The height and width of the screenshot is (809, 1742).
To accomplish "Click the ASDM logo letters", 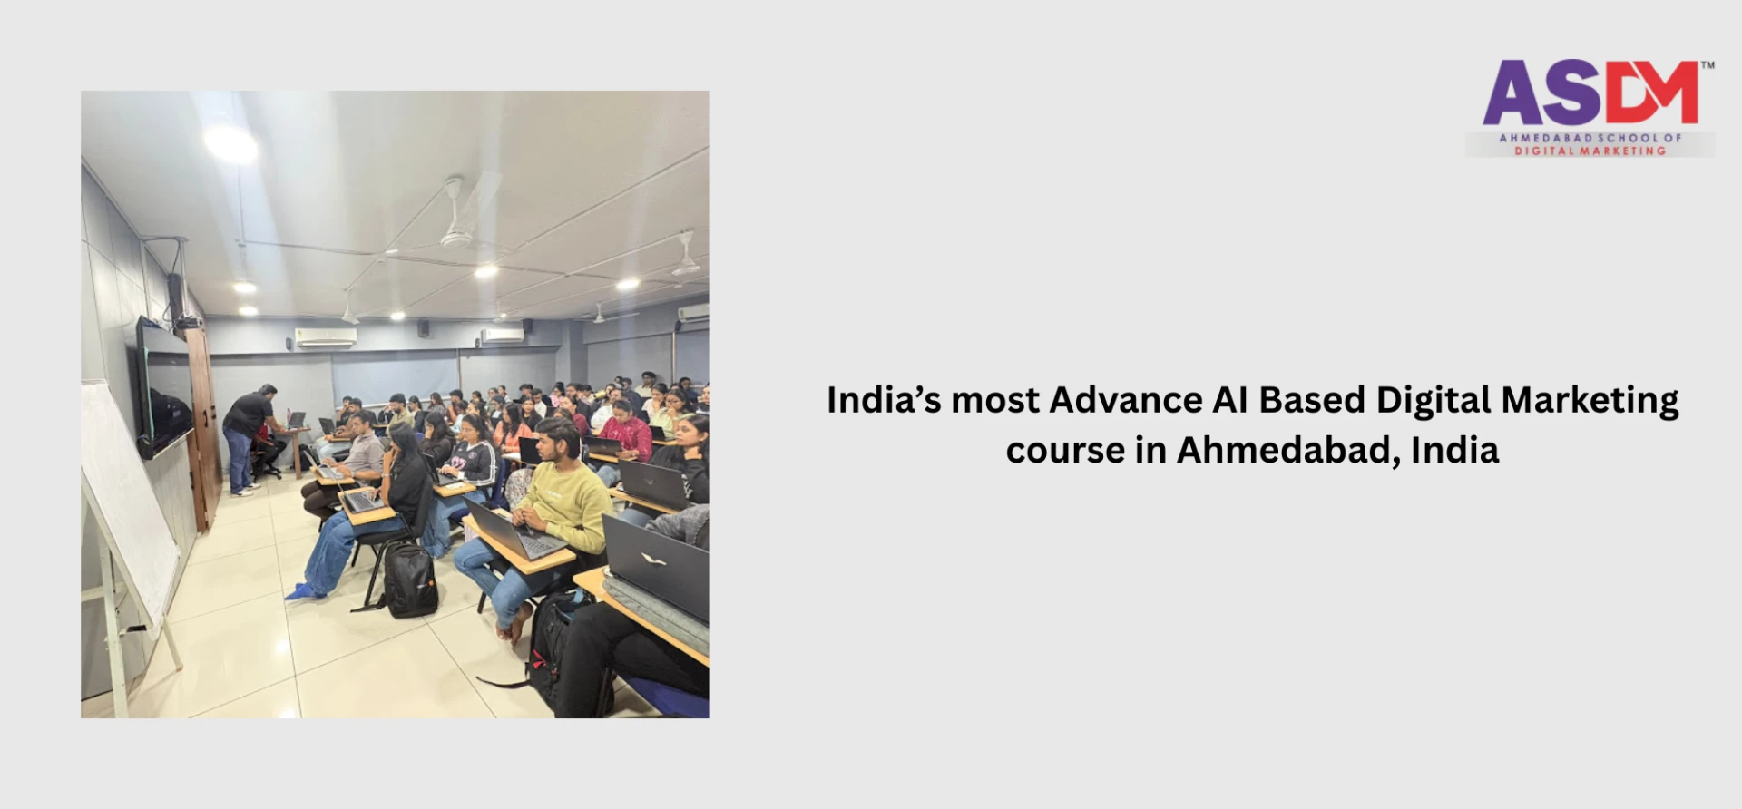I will [x=1590, y=93].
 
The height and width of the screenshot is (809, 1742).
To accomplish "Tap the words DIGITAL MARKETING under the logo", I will [x=1590, y=151].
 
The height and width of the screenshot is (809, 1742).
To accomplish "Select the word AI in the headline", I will [x=1230, y=400].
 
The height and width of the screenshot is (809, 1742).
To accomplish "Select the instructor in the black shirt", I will [x=246, y=435].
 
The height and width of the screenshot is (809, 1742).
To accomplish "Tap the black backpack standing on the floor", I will [x=410, y=580].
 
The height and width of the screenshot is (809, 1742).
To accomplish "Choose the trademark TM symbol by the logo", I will [x=1707, y=65].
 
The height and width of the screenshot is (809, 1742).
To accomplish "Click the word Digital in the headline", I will [x=1434, y=400].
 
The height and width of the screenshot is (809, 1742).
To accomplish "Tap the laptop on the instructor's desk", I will [x=296, y=420].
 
